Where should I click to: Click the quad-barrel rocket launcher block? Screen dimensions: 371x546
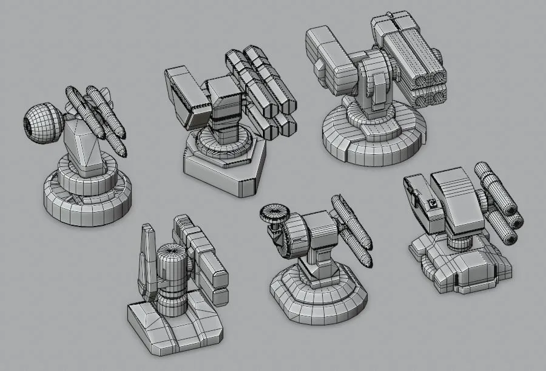pos(409,58)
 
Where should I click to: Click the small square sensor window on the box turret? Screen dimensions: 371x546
pos(433,203)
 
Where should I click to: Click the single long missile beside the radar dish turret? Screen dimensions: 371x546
pos(352,228)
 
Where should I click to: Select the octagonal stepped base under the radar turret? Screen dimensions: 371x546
pos(318,298)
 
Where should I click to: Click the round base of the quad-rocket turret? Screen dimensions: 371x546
pos(370,137)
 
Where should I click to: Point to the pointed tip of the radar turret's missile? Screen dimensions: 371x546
pos(368,264)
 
